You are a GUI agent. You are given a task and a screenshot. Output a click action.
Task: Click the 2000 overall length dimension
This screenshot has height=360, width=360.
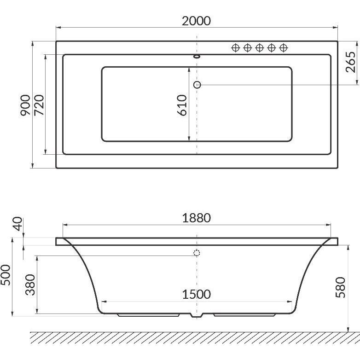[196, 21]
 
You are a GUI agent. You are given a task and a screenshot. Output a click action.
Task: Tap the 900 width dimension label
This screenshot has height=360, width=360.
[25, 105]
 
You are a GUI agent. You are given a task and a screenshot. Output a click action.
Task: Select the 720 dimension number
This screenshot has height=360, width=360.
[39, 105]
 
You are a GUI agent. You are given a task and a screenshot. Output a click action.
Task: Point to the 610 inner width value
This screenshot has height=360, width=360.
[182, 105]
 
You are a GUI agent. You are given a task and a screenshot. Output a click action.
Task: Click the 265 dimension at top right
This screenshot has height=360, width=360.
[351, 62]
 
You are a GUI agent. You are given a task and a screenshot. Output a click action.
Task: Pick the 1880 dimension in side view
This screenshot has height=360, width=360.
[196, 218]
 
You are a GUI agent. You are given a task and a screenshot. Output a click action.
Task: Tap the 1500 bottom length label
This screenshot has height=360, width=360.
[196, 294]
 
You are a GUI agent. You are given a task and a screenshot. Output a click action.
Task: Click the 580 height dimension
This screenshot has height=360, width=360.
[340, 287]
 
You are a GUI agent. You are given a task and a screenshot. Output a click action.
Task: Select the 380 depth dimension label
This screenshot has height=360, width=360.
[30, 285]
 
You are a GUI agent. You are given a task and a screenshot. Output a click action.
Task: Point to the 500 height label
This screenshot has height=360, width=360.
[5, 275]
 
